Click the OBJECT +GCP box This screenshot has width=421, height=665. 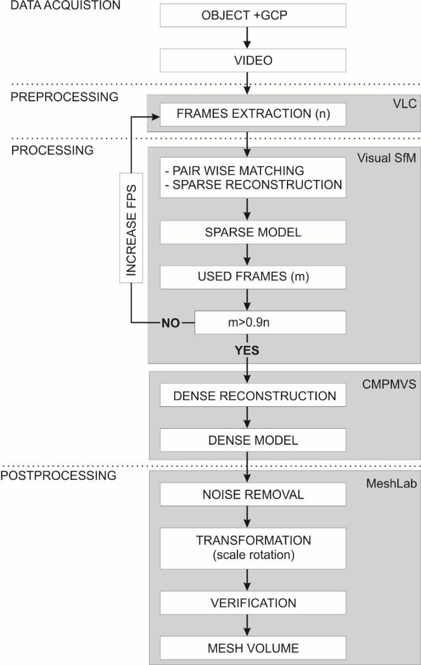253,15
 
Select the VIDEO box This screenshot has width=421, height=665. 253,60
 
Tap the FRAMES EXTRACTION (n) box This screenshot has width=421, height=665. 253,114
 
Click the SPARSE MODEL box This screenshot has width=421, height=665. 253,232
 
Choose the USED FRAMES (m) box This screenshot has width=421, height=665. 253,277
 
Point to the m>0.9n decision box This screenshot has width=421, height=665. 270,323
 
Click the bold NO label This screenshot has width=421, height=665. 171,323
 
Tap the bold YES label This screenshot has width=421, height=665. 247,350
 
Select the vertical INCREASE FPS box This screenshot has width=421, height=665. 131,227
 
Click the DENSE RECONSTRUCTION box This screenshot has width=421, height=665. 253,396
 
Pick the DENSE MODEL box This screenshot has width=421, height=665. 253,440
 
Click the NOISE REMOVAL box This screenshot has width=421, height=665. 253,494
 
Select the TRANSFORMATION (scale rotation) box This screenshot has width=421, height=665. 253,548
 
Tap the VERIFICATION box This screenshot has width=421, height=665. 253,603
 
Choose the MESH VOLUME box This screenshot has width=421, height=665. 253,648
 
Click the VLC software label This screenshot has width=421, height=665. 404,104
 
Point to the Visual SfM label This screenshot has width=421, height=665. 386,158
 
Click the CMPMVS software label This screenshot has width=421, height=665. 389,384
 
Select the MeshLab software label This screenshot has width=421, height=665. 391,483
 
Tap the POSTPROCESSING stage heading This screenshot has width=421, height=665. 59,475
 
